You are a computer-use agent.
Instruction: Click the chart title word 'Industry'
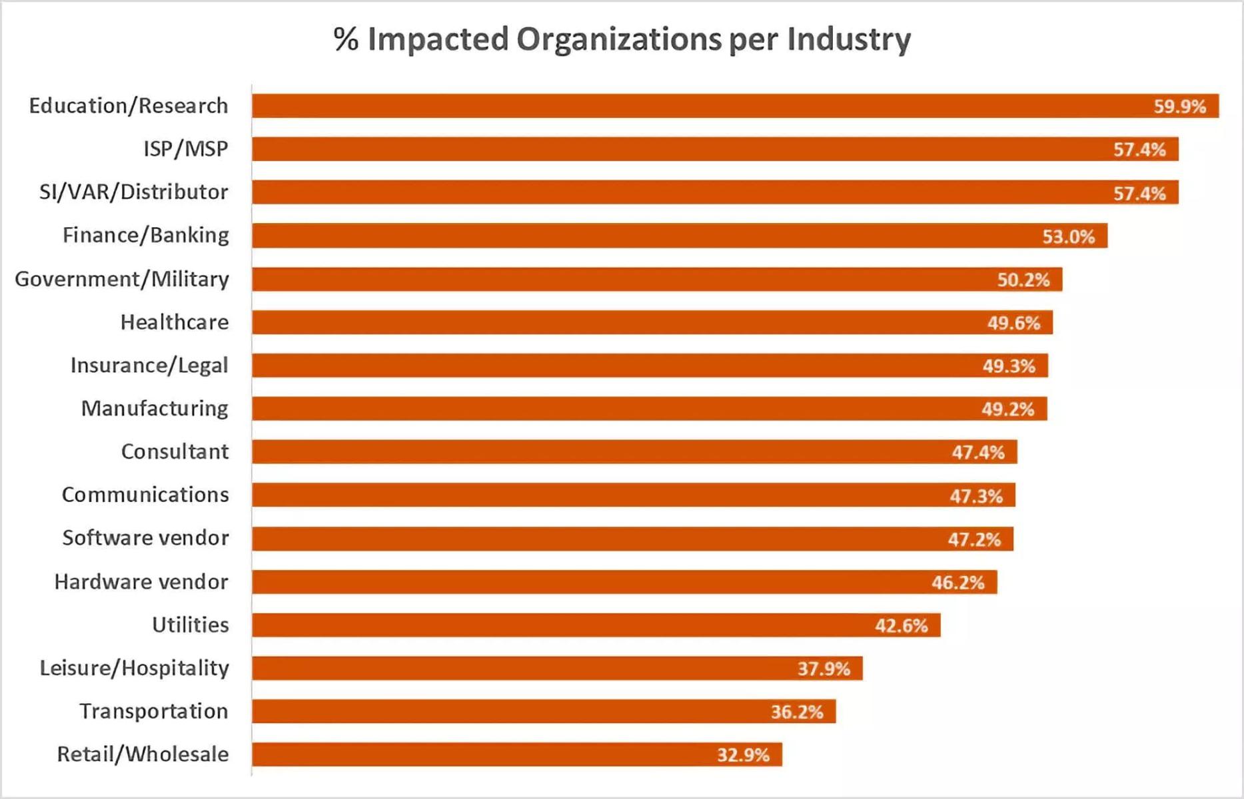(848, 39)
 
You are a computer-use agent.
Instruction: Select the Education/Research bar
(700, 106)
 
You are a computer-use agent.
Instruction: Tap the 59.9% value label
(1179, 107)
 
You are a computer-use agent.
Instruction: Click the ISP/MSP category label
(186, 148)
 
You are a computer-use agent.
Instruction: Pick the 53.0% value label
(1068, 236)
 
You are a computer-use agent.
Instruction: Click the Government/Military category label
(122, 279)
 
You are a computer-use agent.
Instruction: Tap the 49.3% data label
(1008, 366)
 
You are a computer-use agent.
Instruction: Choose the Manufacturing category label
(155, 408)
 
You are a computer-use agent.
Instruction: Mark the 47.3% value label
(975, 496)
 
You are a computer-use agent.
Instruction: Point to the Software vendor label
(145, 538)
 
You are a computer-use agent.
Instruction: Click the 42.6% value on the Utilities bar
(901, 626)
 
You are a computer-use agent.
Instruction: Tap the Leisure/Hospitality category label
(134, 668)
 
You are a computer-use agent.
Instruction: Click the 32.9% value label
(743, 755)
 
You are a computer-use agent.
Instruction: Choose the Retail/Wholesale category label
(143, 754)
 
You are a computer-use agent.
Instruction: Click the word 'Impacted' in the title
(438, 39)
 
